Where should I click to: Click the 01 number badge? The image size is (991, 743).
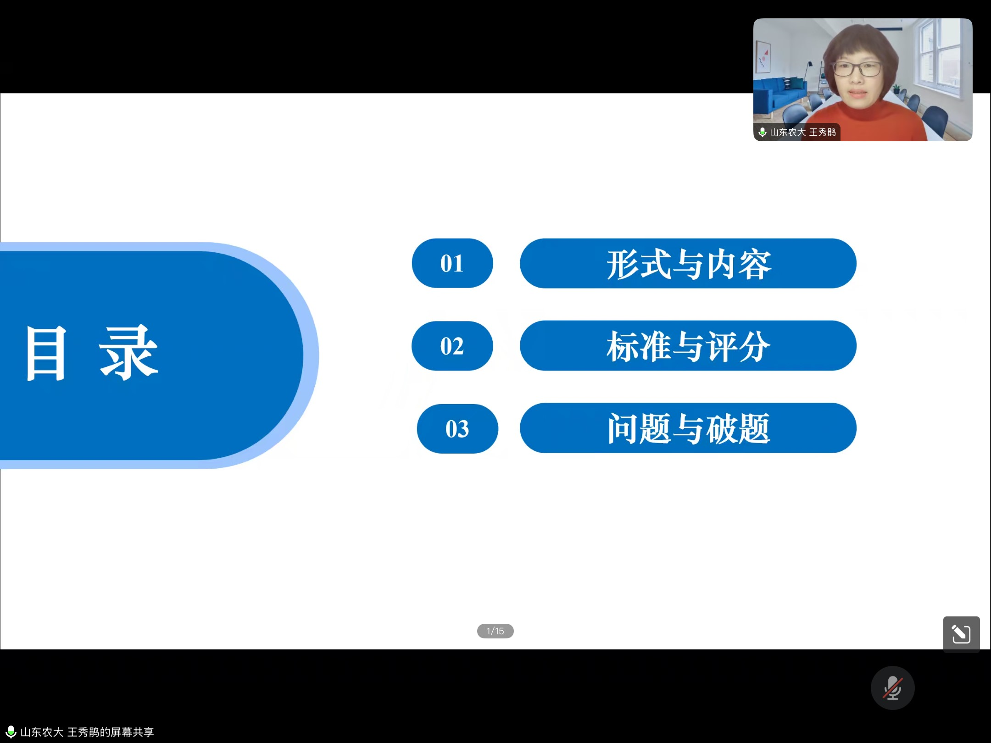point(452,263)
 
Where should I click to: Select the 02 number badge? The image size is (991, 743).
point(452,346)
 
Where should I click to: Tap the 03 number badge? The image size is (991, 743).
point(457,429)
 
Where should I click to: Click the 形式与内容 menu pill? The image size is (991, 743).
point(688,263)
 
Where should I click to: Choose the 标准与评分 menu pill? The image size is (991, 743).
point(688,346)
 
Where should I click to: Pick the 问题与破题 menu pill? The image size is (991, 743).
point(688,428)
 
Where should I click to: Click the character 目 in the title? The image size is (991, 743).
point(46,353)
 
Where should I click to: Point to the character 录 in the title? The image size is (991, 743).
point(128,352)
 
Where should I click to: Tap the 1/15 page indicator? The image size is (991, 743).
point(495,631)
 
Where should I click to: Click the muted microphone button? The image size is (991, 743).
point(893,688)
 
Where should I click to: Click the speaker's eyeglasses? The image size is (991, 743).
point(856,69)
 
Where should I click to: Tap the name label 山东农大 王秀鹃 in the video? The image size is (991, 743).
point(803,132)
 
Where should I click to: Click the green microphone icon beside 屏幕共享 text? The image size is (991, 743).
point(11,731)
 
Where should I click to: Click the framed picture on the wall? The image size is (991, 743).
point(763,57)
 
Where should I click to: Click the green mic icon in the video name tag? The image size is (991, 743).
point(763,132)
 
